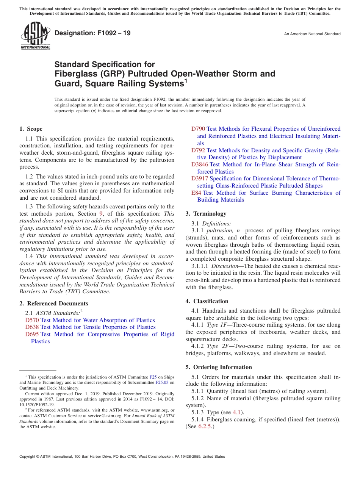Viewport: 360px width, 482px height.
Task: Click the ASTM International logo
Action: coord(35,36)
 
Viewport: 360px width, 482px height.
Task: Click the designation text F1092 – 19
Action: coord(92,33)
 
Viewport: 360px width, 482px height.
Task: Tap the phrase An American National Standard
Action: coord(312,34)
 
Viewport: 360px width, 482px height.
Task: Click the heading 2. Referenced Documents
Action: coord(53,304)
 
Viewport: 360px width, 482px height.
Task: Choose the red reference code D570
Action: coord(32,320)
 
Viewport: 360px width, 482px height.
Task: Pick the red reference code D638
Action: coord(32,327)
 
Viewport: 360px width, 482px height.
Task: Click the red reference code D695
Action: coord(32,334)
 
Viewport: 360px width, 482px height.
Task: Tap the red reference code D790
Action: coord(198,129)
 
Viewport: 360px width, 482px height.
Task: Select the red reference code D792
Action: coord(198,150)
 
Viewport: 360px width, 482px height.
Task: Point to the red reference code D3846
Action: coord(199,164)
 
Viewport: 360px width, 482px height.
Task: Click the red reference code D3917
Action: coord(199,178)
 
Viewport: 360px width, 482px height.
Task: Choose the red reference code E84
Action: coord(196,193)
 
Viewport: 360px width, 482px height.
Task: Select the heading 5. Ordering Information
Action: coord(219,367)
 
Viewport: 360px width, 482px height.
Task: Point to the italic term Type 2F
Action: coord(215,346)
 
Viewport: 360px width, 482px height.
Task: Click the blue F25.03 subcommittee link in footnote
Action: coord(163,382)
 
